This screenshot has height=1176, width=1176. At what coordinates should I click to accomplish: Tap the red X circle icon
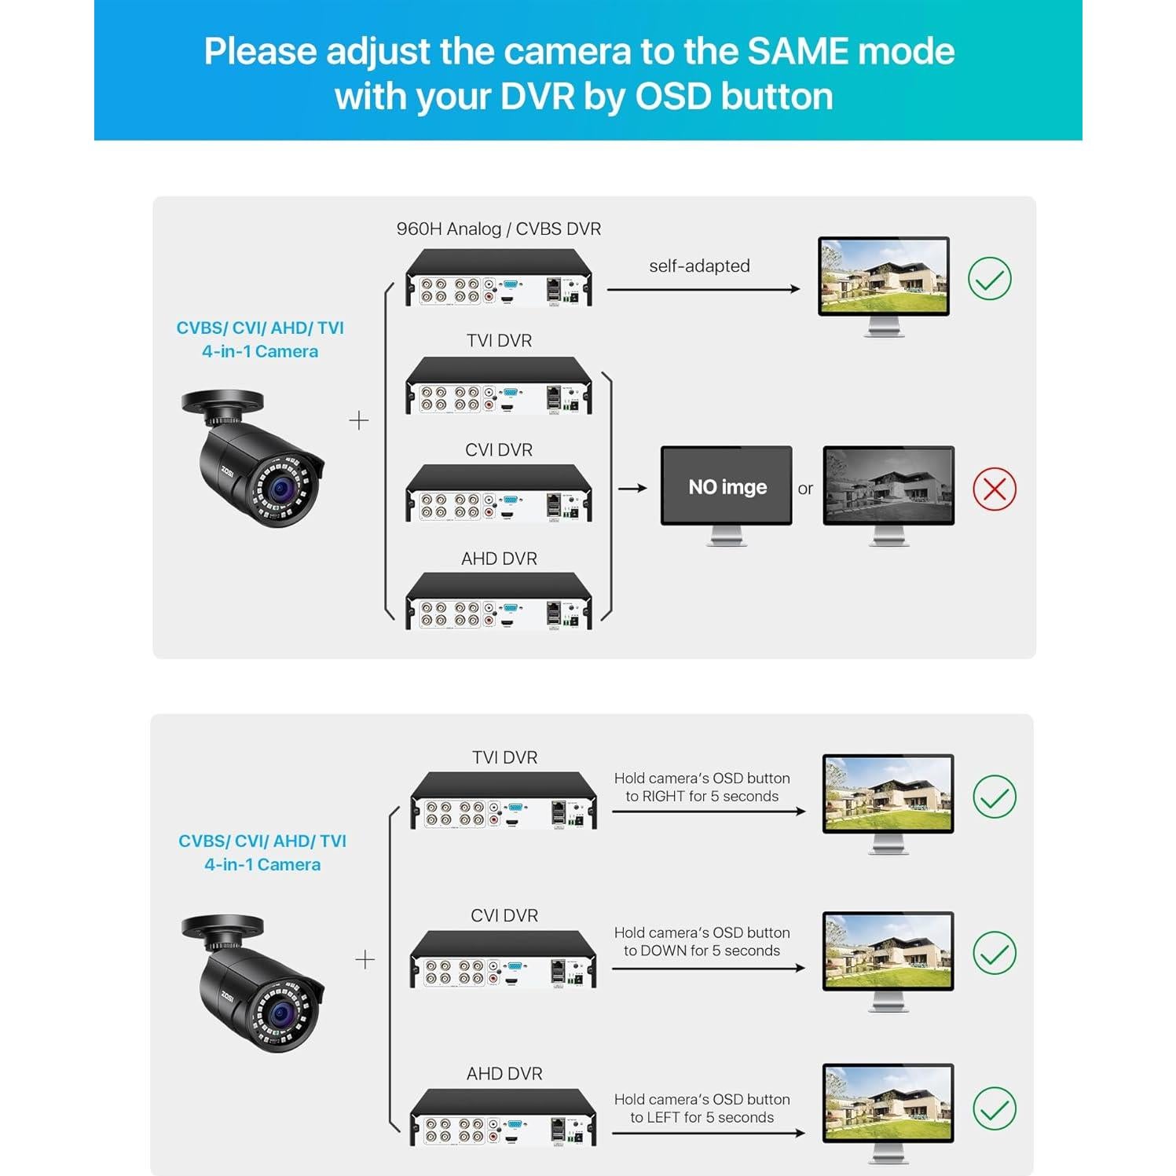(x=994, y=489)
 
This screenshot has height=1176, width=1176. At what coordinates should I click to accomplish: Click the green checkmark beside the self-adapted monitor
(x=989, y=279)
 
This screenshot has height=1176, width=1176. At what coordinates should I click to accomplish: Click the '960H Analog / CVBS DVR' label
(x=498, y=229)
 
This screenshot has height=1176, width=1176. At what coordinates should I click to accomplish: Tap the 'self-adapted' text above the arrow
(x=699, y=266)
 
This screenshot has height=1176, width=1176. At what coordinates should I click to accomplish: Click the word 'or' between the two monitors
(x=805, y=489)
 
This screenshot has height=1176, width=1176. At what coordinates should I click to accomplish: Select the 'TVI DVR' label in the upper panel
(x=499, y=341)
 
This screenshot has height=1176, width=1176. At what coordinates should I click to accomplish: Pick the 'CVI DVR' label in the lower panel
(x=504, y=916)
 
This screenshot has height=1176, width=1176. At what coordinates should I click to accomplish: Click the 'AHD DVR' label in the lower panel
(x=504, y=1074)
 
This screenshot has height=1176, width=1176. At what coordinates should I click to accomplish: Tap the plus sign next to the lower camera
(x=365, y=960)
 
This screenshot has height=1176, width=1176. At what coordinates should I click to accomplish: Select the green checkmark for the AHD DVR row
(x=994, y=1108)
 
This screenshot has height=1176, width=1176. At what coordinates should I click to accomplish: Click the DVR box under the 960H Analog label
(x=498, y=279)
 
